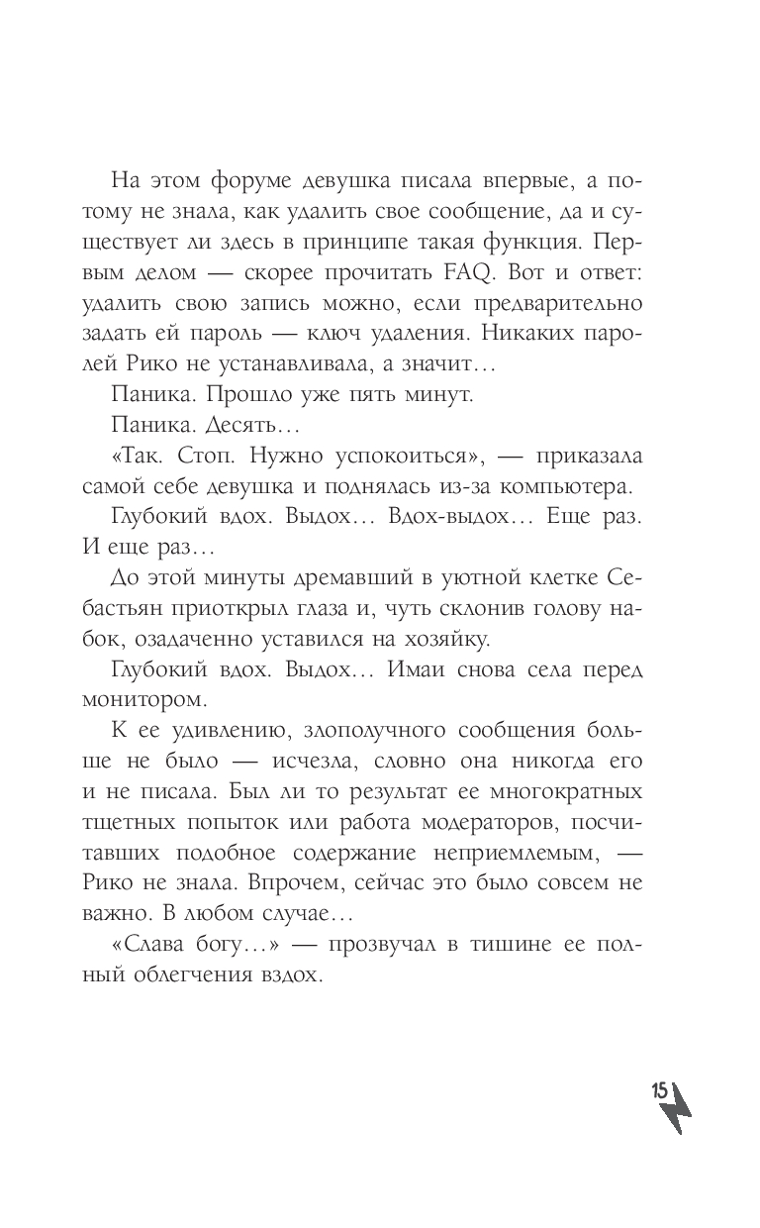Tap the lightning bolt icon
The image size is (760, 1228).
(677, 1114)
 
